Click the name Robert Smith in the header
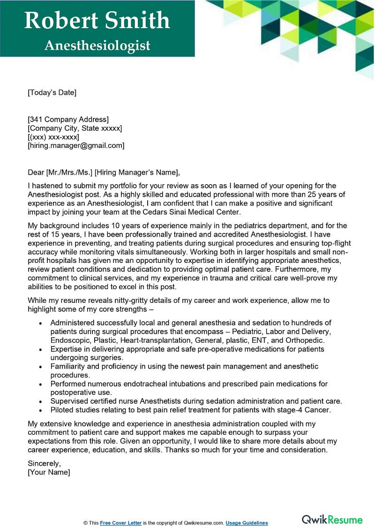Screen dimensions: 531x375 coord(97,21)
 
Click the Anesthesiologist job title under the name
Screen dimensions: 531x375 coord(97,45)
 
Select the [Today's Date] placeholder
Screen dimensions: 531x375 coord(52,92)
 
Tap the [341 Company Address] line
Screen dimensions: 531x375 coord(68,119)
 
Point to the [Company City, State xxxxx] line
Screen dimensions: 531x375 coord(75,128)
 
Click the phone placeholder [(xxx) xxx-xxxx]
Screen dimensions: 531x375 coord(53,137)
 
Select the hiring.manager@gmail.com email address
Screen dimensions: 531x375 coord(76,146)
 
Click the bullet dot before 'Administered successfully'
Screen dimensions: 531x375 coord(41,323)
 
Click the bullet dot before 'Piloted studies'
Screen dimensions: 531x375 coord(41,410)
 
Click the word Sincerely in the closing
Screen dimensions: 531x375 coord(44,463)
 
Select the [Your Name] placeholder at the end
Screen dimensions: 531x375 coord(49,472)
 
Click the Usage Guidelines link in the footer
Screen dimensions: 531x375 coord(247,523)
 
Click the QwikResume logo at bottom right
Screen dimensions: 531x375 coord(332,519)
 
